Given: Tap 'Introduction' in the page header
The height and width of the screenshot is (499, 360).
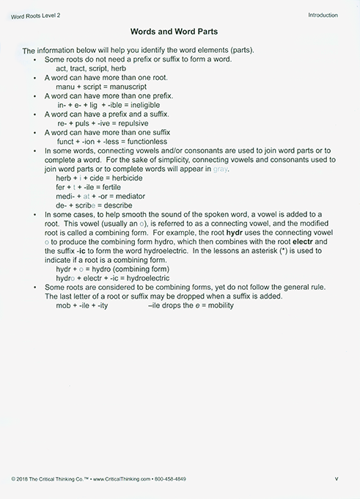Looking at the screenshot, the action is (323, 15).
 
